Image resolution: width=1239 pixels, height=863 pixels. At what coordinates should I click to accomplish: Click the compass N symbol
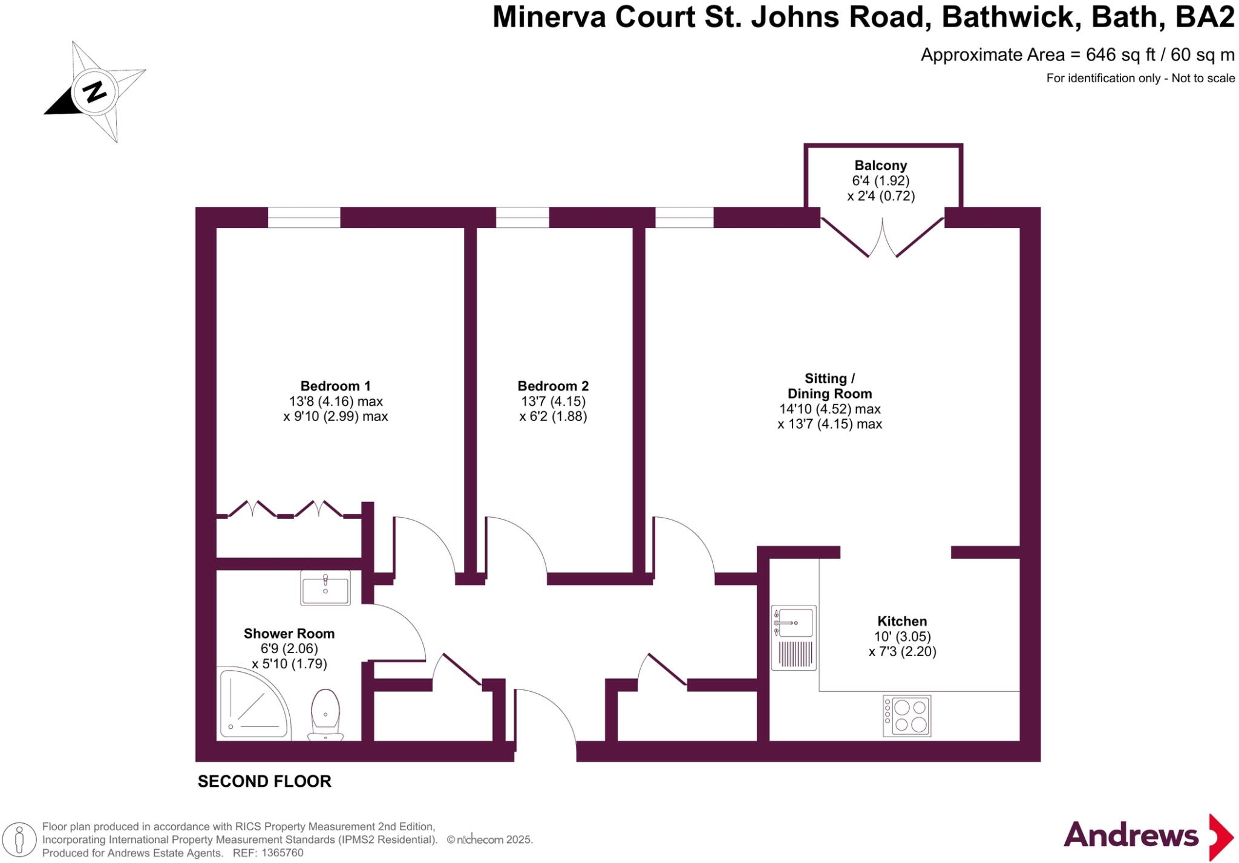94,92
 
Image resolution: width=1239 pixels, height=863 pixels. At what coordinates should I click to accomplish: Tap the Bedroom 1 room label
335,386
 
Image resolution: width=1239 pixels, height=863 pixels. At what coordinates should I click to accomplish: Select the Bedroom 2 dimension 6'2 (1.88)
553,417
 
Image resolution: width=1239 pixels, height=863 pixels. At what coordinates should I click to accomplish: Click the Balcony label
880,165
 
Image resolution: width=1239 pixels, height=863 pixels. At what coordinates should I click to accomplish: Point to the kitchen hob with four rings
906,715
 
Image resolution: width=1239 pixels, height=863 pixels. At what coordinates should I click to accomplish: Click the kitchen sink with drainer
794,637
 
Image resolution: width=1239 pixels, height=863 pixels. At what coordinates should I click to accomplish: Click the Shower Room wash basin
325,587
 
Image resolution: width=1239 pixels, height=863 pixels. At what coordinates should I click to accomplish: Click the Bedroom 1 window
304,218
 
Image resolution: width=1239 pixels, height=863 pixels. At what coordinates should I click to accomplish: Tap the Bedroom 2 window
523,218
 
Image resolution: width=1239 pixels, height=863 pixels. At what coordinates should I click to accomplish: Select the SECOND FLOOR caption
264,781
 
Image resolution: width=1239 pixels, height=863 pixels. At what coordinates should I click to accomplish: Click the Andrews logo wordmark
1131,836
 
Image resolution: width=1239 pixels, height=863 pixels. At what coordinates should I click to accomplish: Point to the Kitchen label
901,621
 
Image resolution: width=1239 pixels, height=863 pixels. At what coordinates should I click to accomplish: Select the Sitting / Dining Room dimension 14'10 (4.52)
829,409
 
